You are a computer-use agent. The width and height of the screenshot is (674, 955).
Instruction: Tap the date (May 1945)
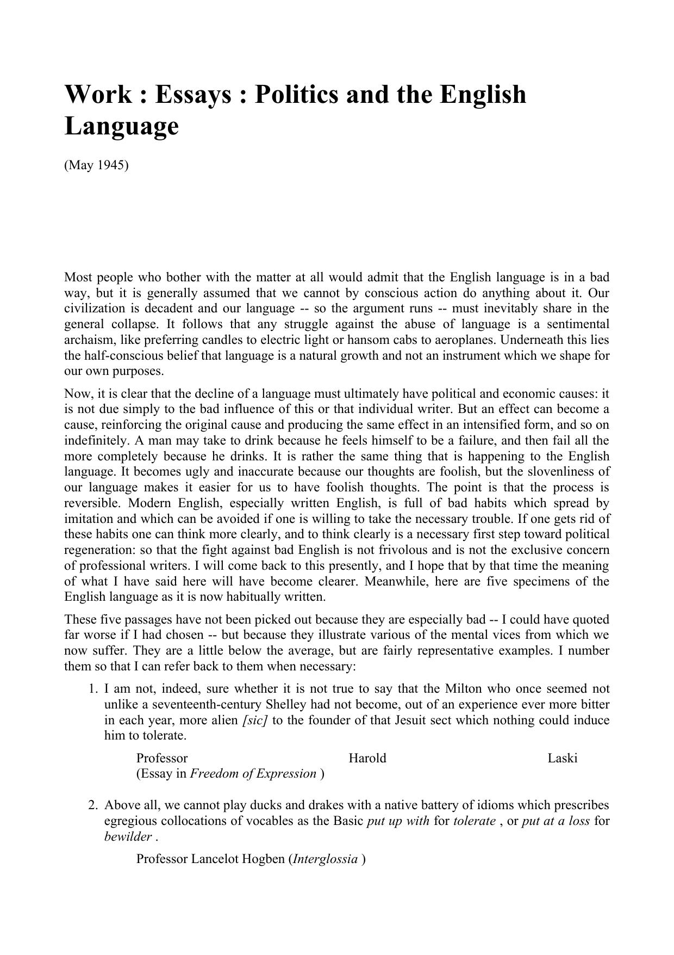[x=96, y=165]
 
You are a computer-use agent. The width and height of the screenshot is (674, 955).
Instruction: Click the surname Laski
[x=562, y=758]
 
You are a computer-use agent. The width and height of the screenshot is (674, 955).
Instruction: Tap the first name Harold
[x=367, y=758]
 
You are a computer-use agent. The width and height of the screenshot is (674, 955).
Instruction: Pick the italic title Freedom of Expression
[x=253, y=774]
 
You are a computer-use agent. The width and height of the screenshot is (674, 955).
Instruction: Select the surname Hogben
[x=267, y=859]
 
